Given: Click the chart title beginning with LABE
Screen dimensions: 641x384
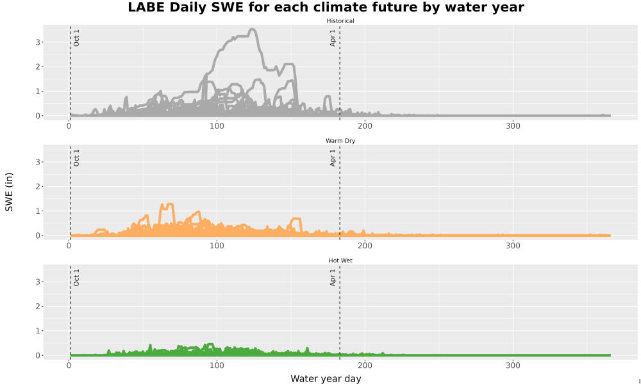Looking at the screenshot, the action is pyautogui.click(x=326, y=7).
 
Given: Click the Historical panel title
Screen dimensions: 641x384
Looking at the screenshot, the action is pyautogui.click(x=340, y=21).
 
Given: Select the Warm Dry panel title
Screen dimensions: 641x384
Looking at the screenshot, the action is pyautogui.click(x=340, y=141).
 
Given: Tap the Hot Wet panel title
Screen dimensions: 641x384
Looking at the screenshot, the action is pyautogui.click(x=340, y=260).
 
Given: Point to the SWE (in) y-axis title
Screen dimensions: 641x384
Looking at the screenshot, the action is pyautogui.click(x=9, y=192).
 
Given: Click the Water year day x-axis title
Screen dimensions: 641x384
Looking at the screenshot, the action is pyautogui.click(x=326, y=379).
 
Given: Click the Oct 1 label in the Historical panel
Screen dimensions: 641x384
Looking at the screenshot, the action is pyautogui.click(x=76, y=38).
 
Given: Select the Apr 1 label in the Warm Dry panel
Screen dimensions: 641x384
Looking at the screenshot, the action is pyautogui.click(x=333, y=157).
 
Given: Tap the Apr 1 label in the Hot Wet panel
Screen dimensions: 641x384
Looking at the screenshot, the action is pyautogui.click(x=333, y=277).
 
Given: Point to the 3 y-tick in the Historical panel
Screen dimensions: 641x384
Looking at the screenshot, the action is pyautogui.click(x=38, y=42).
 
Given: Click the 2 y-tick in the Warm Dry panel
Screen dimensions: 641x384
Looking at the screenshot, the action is pyautogui.click(x=38, y=186).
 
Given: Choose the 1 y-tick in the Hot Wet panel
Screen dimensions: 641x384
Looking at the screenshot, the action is pyautogui.click(x=38, y=330).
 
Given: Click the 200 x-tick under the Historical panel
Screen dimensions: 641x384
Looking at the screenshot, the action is pyautogui.click(x=365, y=125).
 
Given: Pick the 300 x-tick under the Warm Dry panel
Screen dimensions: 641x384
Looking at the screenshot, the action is pyautogui.click(x=513, y=246).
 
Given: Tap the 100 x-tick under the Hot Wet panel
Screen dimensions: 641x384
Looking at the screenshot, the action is pyautogui.click(x=217, y=365).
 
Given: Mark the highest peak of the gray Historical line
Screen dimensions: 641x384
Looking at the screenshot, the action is pyautogui.click(x=252, y=29).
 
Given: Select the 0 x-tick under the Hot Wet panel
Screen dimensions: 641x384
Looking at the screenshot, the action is pyautogui.click(x=69, y=365).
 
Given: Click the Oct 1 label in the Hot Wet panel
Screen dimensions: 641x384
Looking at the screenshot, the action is pyautogui.click(x=76, y=277).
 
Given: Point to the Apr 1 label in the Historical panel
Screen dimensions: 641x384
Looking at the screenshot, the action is pyautogui.click(x=333, y=38).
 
